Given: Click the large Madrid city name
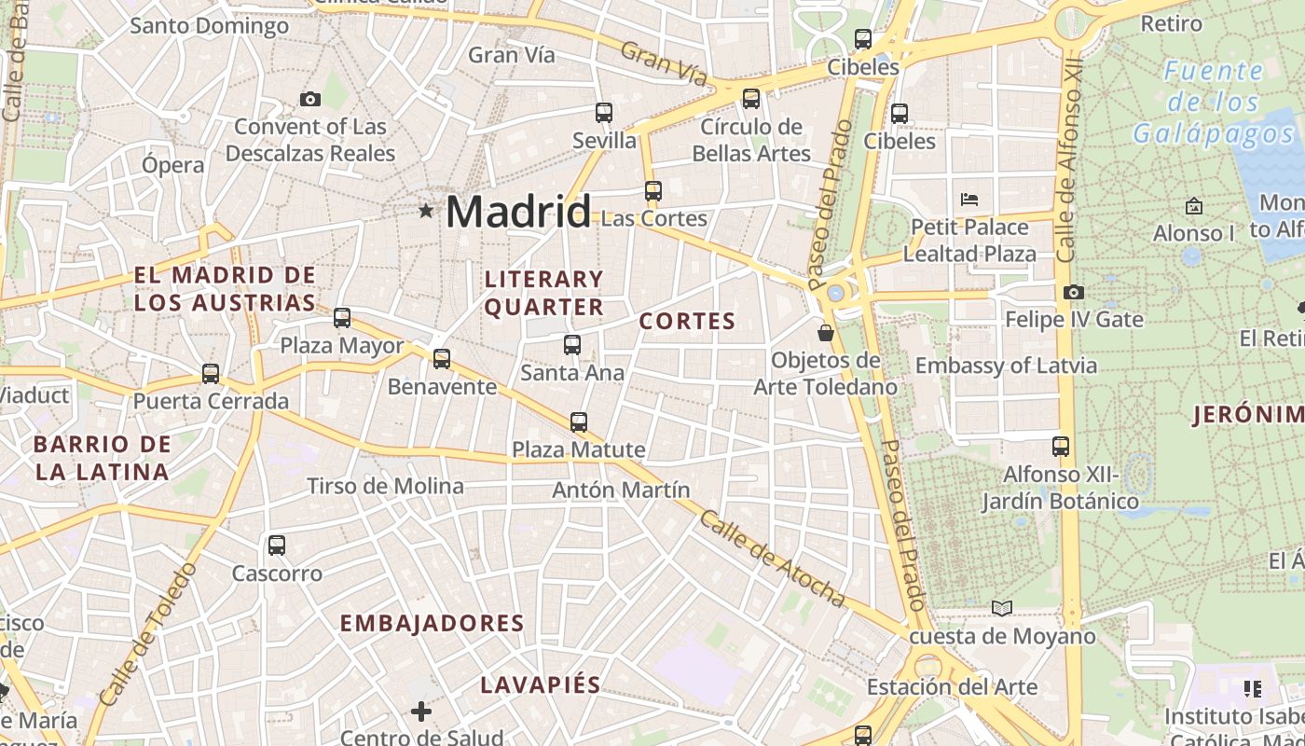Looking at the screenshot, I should pos(517,212).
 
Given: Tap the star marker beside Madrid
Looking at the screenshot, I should pos(426,211).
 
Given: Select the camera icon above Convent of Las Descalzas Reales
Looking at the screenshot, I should pos(310,99).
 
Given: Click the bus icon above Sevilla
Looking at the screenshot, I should pos(604,113).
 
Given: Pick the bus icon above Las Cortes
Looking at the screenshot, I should pos(653,191).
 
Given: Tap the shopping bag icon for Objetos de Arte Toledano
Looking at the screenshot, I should pos(825,332).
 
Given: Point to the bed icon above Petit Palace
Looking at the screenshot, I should pos(969,199).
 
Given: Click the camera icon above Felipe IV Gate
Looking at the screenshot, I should pos(1073,292).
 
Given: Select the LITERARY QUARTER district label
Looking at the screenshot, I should pos(544,293).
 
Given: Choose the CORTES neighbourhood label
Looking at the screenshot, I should pos(687,322).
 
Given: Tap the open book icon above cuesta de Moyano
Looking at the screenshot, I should pos(1002,608).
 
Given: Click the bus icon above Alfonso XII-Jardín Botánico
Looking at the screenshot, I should pos(1061,446).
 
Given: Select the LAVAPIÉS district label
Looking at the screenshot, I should pos(541,685).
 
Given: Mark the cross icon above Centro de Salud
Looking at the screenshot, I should pos(421,711).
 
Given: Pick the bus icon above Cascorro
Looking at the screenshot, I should pos(277,545).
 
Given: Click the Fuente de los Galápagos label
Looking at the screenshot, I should pos(1214,103).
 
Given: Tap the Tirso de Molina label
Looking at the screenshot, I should pos(385,486).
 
